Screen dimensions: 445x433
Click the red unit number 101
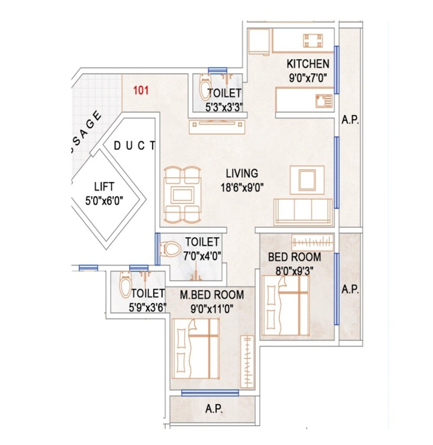pyautogui.click(x=141, y=91)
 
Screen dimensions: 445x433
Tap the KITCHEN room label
pyautogui.click(x=308, y=64)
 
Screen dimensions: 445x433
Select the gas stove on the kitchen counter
pyautogui.click(x=313, y=41)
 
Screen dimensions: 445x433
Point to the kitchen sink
pyautogui.click(x=324, y=101)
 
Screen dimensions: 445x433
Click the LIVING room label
pyautogui.click(x=242, y=174)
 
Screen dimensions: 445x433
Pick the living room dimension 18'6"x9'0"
pyautogui.click(x=242, y=187)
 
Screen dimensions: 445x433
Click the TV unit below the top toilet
pyautogui.click(x=216, y=126)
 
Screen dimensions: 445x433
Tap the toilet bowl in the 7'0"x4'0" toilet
pyautogui.click(x=170, y=249)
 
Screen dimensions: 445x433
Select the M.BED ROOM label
pyautogui.click(x=212, y=295)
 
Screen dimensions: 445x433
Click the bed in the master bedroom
pyautogui.click(x=196, y=348)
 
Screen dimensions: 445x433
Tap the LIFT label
pyautogui.click(x=104, y=187)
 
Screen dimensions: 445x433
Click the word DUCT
pyautogui.click(x=134, y=146)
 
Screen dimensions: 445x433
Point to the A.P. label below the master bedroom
pyautogui.click(x=214, y=410)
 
